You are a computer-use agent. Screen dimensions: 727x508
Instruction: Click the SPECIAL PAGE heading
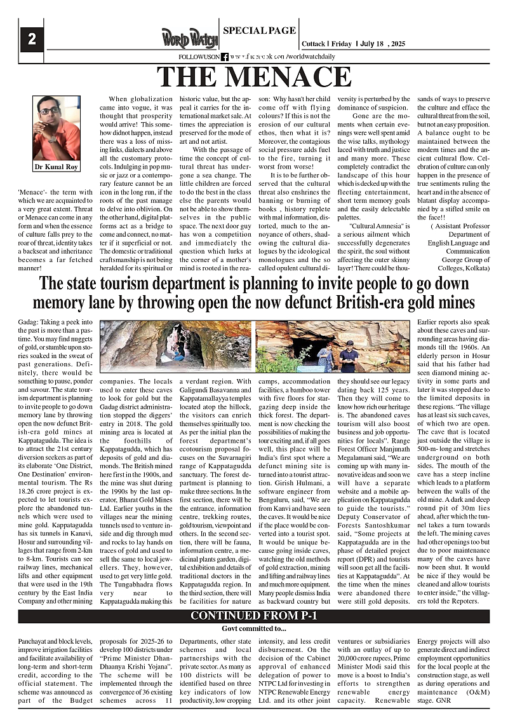(x=260, y=30)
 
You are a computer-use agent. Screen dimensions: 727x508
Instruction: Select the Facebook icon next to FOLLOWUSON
(x=225, y=57)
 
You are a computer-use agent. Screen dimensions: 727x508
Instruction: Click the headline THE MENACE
(x=254, y=76)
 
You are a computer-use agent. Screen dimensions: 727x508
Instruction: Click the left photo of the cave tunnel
(x=176, y=346)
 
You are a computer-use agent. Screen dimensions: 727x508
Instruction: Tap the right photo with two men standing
(x=333, y=346)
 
